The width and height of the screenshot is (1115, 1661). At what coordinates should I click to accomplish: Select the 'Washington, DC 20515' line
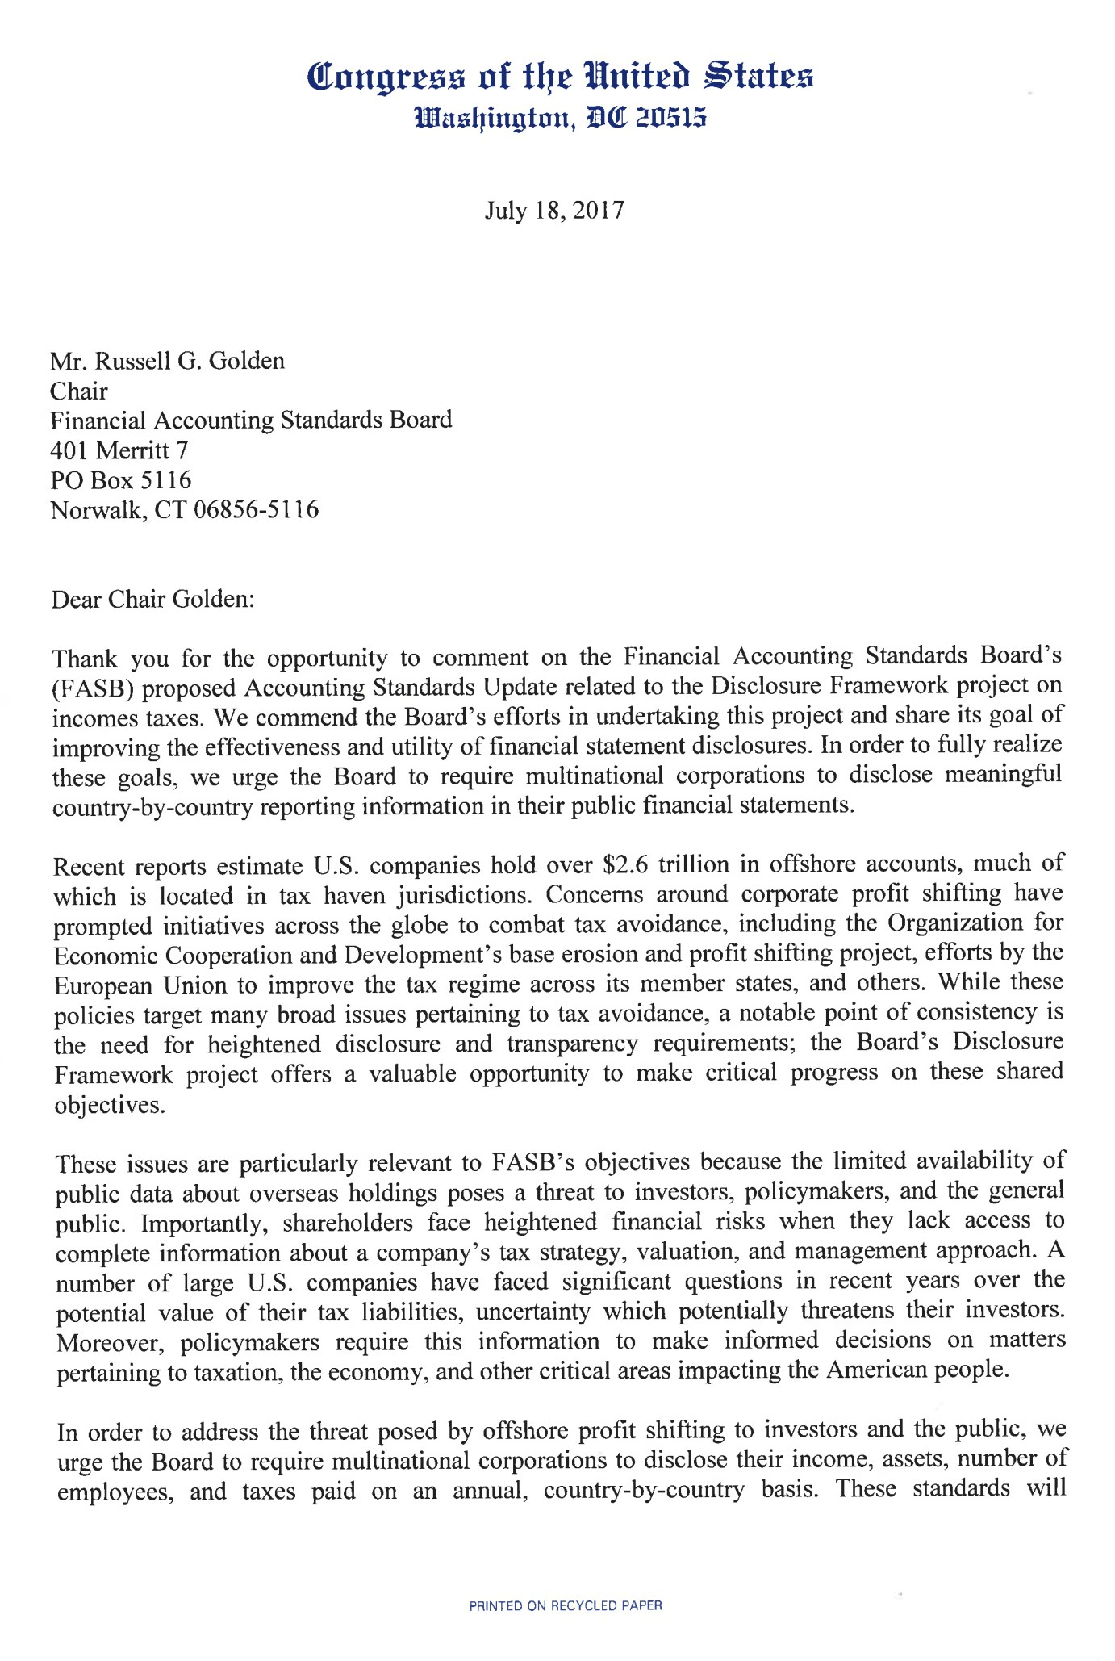tap(560, 119)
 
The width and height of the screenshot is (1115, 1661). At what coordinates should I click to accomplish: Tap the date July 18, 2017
tap(554, 211)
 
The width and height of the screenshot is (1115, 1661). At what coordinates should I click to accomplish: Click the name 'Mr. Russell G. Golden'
tap(168, 361)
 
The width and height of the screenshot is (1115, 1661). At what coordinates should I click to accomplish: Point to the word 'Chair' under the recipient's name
tap(79, 391)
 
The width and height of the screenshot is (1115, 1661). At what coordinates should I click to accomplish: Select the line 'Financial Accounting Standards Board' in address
tap(251, 420)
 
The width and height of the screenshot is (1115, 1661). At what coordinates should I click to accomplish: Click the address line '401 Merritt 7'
tap(119, 450)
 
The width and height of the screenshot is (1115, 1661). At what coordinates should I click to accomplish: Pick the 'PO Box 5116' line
tap(121, 480)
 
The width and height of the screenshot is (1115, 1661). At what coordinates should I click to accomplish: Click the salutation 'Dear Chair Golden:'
tap(152, 600)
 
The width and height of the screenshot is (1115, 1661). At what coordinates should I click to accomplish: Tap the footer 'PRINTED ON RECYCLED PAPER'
tap(566, 1606)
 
